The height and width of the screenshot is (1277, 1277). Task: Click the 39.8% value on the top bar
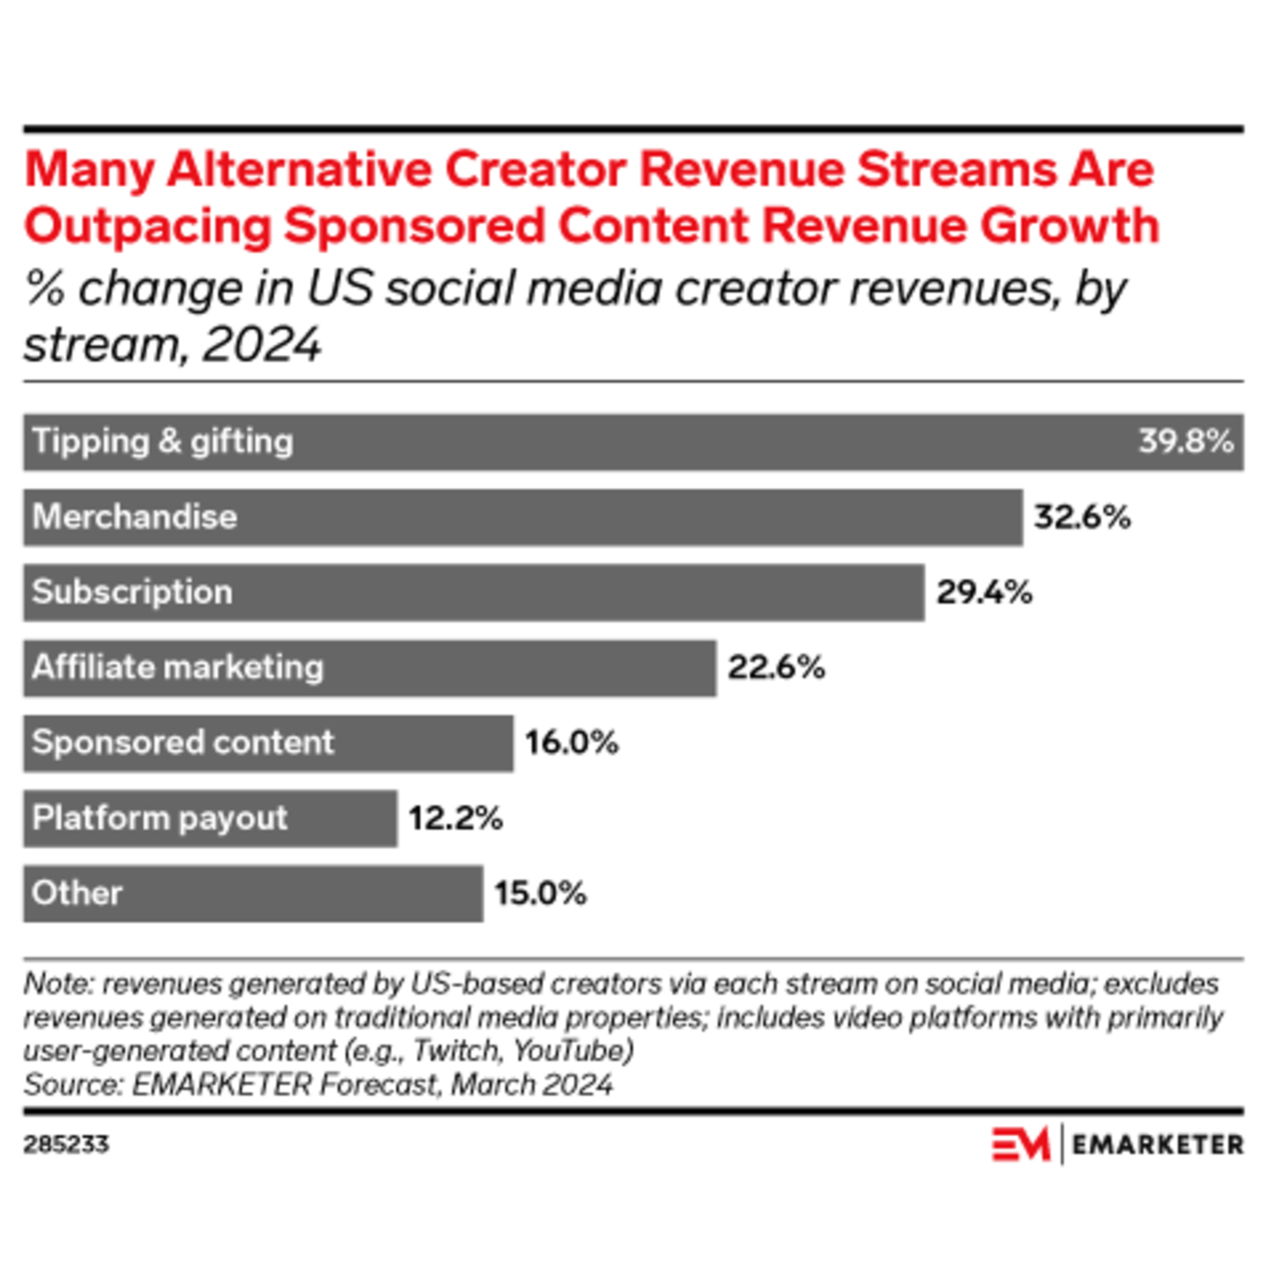pos(1185,441)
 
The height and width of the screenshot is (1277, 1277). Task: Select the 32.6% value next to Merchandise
pos(1082,517)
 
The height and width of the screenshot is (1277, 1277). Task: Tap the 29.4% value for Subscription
pos(984,593)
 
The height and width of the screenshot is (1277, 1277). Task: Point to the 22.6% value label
pos(775,668)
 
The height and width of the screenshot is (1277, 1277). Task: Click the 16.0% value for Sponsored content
pos(571,742)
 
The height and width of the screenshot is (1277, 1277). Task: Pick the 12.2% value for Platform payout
pos(455,818)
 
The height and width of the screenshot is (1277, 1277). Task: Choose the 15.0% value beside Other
pos(540,893)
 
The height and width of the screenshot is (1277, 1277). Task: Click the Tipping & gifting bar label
pos(162,441)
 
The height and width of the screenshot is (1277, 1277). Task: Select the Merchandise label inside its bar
pos(135,517)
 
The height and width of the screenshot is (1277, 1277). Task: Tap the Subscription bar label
pos(132,593)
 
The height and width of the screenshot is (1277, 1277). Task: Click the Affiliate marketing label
pos(178,668)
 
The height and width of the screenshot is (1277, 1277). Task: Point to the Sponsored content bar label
pos(182,742)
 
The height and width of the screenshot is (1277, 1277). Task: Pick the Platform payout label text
pos(160,818)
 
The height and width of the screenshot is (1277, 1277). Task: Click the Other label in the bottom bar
pos(77,893)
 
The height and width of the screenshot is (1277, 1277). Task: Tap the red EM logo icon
pos(1020,1144)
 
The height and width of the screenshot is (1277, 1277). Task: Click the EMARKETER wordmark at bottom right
pos(1157,1145)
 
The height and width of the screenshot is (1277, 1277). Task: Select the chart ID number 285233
pos(66,1145)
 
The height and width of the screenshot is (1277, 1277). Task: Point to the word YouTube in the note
pos(571,1051)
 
